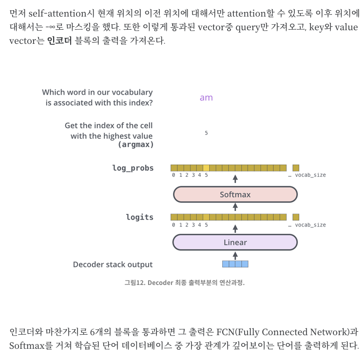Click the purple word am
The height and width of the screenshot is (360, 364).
206,97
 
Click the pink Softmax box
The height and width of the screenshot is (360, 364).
235,194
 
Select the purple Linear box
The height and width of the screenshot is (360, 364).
235,242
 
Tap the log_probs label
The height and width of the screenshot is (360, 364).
133,168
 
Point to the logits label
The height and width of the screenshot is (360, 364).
139,217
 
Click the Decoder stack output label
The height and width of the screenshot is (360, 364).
113,265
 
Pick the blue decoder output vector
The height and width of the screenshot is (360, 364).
235,264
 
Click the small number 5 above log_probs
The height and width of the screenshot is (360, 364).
206,133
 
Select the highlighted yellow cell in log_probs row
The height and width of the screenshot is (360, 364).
206,168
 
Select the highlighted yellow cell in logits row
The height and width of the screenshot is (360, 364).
206,217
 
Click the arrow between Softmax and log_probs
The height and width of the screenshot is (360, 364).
235,179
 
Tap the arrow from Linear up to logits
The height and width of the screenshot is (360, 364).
235,227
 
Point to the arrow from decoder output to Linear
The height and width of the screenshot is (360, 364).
235,255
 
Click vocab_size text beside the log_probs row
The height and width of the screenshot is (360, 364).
310,175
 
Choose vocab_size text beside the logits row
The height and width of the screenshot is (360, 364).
310,225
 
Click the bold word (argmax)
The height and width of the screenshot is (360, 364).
135,145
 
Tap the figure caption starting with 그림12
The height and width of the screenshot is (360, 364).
184,283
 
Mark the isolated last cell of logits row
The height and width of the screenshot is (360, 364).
296,217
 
